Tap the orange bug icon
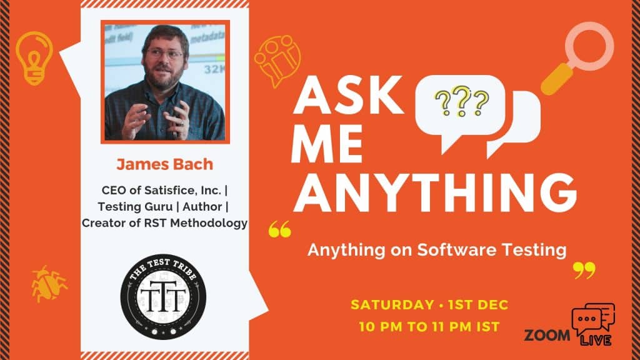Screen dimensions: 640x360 click(49, 284)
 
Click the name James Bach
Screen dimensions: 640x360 click(165, 164)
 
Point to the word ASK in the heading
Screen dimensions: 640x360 click(348, 95)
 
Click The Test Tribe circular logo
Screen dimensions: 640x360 click(163, 297)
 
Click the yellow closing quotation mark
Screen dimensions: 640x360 click(584, 271)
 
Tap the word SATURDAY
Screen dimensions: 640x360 click(392, 305)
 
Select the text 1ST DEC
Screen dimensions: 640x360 click(478, 305)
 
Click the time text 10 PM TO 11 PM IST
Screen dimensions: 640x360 click(429, 327)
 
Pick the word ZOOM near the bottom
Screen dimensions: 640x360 click(547, 336)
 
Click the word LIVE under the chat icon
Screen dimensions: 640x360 click(596, 340)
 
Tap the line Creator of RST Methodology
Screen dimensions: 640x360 click(164, 223)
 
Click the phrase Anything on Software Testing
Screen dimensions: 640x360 click(437, 250)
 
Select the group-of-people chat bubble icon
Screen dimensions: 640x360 click(277, 61)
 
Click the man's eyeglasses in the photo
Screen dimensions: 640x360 click(164, 54)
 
